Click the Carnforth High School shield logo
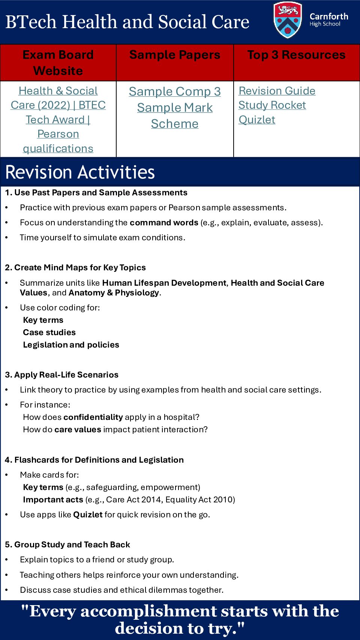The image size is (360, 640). [288, 20]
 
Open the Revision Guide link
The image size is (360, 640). [277, 91]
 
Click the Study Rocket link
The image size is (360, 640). [272, 105]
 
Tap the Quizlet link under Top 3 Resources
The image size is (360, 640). [257, 120]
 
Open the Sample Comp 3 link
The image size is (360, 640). [175, 91]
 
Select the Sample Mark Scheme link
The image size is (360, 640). [175, 115]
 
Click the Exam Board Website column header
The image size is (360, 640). [58, 63]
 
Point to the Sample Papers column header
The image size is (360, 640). [175, 55]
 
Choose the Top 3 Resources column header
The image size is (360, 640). [296, 55]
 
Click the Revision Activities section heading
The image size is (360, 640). [80, 172]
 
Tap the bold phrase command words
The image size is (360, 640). [164, 223]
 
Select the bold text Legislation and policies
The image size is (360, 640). [71, 345]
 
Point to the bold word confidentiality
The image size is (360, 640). [93, 417]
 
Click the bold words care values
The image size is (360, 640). [78, 430]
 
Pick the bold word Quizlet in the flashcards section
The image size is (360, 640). [88, 515]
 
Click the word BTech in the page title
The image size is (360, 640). [31, 22]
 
